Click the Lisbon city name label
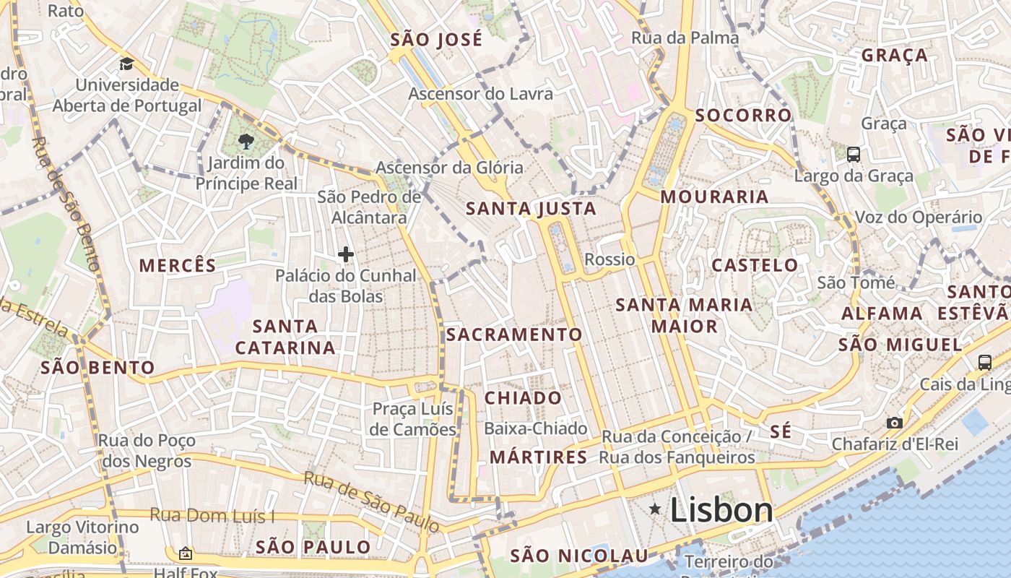[721, 510]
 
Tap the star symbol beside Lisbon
[655, 509]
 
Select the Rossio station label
[609, 259]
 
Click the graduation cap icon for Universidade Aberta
[127, 64]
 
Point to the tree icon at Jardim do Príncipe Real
[246, 141]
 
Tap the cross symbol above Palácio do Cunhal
[346, 254]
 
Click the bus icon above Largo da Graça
[854, 154]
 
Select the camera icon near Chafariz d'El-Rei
[895, 423]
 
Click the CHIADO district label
[523, 398]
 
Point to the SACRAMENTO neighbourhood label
[514, 335]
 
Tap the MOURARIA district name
[714, 197]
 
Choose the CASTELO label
[755, 265]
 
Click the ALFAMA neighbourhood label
[882, 314]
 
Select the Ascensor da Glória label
[449, 168]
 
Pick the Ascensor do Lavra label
[481, 94]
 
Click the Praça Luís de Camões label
[413, 419]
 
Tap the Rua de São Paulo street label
[371, 502]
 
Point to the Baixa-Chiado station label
[535, 428]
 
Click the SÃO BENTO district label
[98, 367]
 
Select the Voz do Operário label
[919, 217]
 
